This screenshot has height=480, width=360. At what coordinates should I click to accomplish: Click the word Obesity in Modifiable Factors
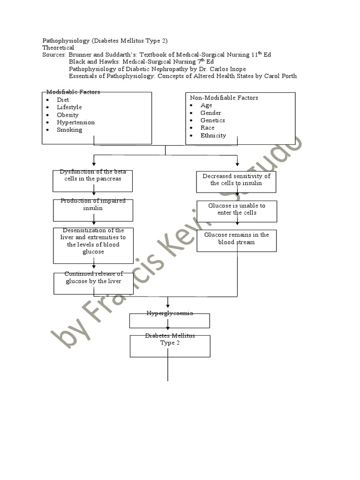pos(67,115)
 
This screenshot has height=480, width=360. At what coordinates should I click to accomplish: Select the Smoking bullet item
pos(69,130)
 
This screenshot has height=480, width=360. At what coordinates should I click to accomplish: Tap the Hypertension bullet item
pos(75,122)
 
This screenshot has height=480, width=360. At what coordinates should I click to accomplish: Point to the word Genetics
pos(212,120)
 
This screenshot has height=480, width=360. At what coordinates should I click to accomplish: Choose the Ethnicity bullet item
pos(213,135)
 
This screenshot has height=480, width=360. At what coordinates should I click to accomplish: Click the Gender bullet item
pos(210,113)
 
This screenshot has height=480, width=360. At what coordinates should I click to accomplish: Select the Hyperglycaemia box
pos(169,320)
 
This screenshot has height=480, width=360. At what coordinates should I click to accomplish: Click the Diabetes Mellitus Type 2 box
pos(170,346)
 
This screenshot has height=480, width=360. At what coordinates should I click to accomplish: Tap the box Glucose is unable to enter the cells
pos(237,211)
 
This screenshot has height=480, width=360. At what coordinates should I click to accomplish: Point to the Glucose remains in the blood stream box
pos(237,240)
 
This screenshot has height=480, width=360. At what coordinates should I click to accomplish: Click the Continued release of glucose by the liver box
pos(93,283)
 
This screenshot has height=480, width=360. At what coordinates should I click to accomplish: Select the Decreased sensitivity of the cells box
pos(236,181)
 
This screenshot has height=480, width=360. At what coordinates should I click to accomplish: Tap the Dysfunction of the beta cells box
pos(93,180)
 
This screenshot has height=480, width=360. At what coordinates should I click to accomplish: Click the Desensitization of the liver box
pos(93,245)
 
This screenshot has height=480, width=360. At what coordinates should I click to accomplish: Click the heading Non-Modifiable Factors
pos(224,98)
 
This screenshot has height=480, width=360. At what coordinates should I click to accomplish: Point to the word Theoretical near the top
pos(58,47)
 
